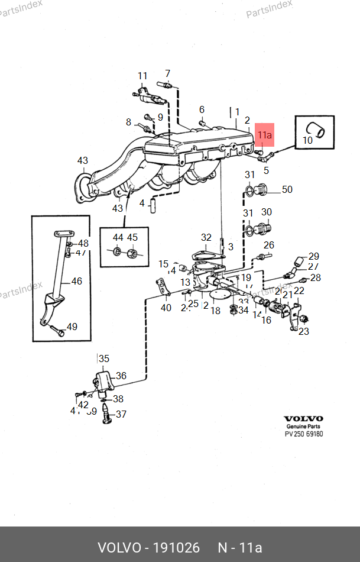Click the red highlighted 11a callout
click(x=264, y=135)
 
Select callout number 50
click(x=287, y=190)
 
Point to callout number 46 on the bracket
click(x=77, y=281)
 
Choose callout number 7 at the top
click(x=167, y=74)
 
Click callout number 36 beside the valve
click(x=121, y=375)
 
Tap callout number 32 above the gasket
click(x=206, y=238)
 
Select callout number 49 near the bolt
click(x=72, y=327)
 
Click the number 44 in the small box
click(x=118, y=238)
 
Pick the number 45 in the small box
click(x=132, y=238)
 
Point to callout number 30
click(x=266, y=212)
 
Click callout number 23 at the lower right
click(x=303, y=331)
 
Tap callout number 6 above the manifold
click(x=202, y=109)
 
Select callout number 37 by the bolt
click(x=121, y=414)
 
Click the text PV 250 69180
click(x=304, y=434)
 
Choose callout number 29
click(x=313, y=256)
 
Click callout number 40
click(x=166, y=308)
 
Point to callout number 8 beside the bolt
click(x=128, y=122)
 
